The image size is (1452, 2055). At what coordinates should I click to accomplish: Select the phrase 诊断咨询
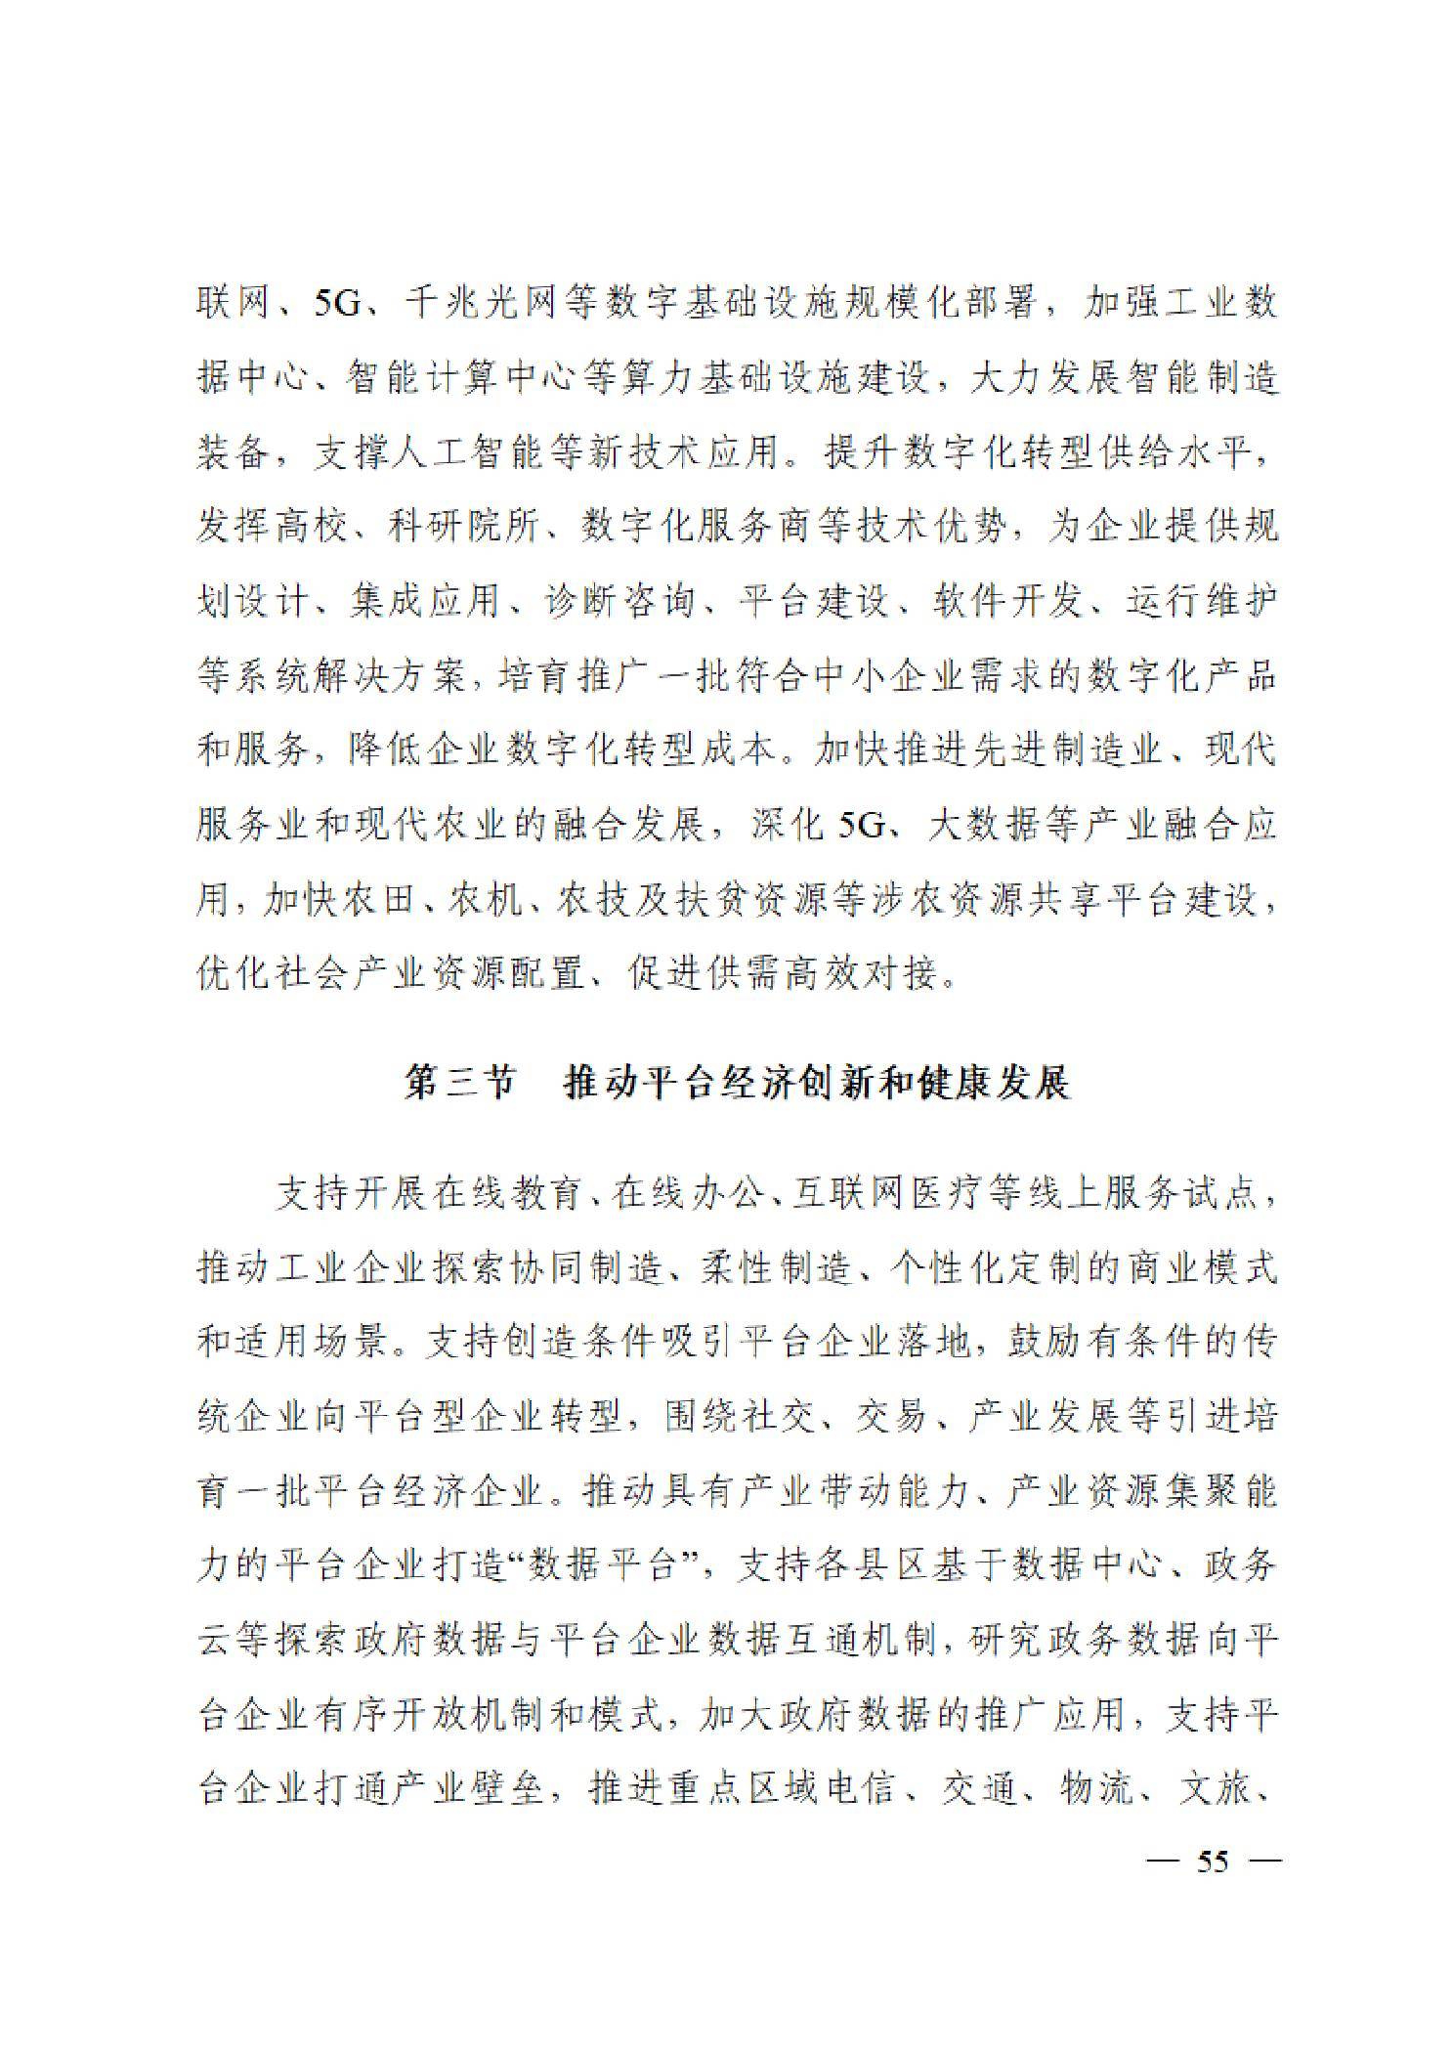pyautogui.click(x=618, y=602)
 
